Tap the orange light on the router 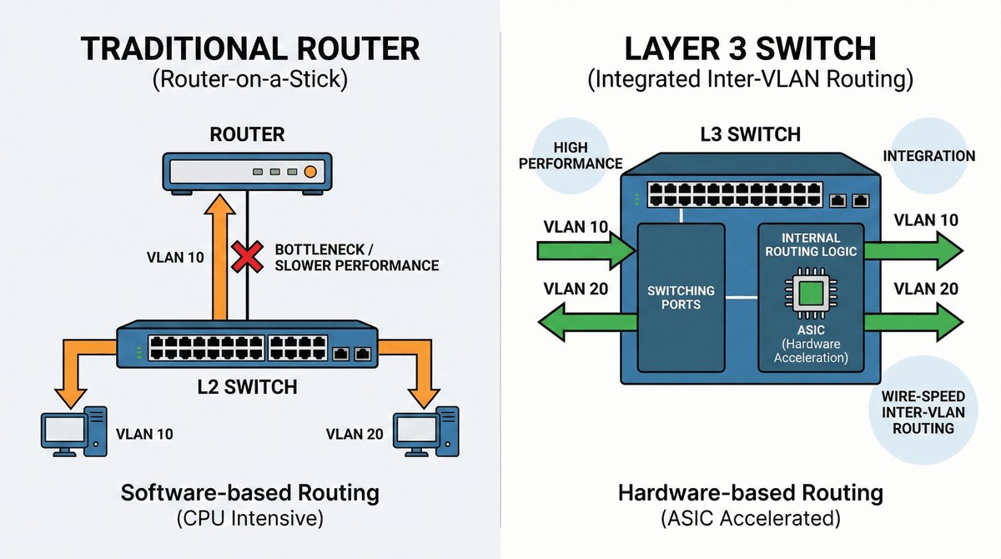click(310, 172)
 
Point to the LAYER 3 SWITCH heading click(751, 48)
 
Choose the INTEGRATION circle click(928, 155)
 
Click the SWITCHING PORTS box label click(682, 297)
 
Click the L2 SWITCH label click(248, 387)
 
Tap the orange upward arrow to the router click(221, 259)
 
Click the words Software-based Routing click(249, 492)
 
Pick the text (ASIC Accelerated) click(750, 518)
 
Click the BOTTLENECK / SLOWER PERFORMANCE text click(356, 257)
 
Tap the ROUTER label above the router click(248, 134)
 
